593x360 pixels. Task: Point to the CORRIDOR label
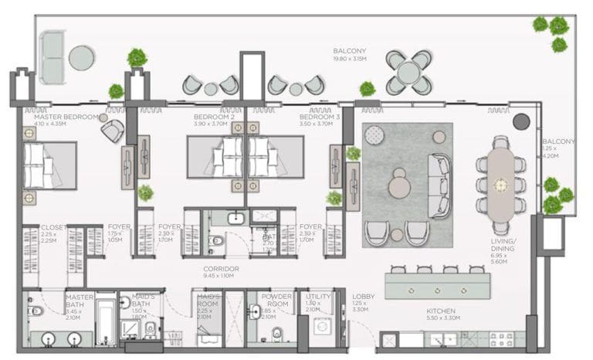pos(220,269)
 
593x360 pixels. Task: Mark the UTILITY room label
pos(318,296)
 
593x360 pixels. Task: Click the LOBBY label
pos(363,296)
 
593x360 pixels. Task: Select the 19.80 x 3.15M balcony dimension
pos(349,59)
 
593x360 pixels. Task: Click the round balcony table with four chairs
pos(409,73)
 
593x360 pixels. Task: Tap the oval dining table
pos(501,183)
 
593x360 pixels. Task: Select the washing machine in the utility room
pos(322,325)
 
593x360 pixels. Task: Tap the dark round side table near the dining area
pos(521,121)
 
